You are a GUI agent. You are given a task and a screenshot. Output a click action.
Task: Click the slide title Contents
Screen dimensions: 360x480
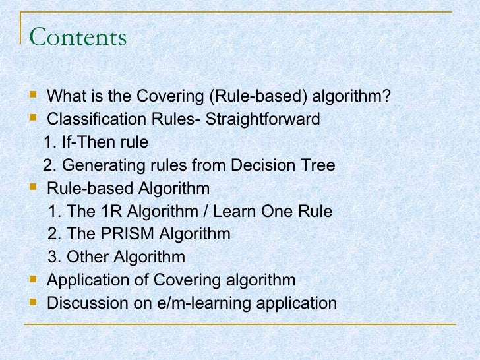tap(78, 37)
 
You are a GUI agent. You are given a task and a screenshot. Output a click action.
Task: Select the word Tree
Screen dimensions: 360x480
tap(318, 165)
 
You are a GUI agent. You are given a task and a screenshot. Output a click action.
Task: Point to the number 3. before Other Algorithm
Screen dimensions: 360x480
tap(54, 256)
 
